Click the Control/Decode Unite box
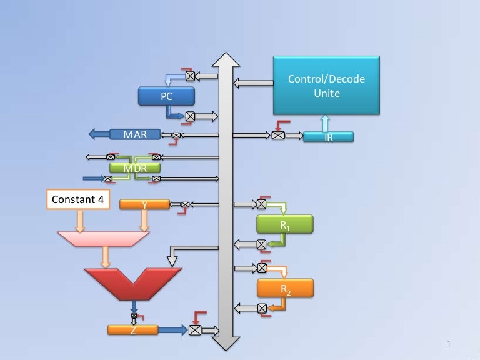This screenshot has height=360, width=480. coord(326,85)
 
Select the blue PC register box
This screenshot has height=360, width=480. coord(166,96)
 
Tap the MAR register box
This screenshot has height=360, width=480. coord(135,134)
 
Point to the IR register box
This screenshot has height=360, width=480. coord(328,137)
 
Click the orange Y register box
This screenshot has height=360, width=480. coord(144,204)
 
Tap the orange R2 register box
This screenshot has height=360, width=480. coord(285,288)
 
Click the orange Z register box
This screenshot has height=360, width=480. coord(133,330)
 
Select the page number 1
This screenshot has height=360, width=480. coord(449,344)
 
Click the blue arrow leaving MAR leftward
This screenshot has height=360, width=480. coord(98,134)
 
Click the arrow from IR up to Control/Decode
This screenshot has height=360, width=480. coord(325,122)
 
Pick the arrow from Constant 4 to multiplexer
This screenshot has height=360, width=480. coord(79,220)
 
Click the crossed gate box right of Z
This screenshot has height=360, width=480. coord(196,330)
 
